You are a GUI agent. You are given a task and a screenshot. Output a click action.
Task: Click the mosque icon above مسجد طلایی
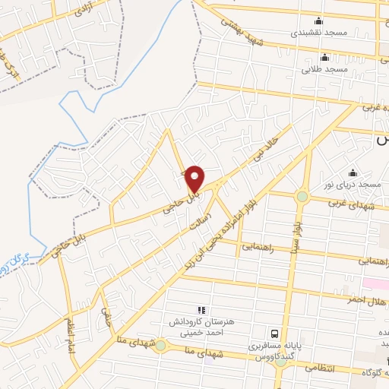pyautogui.click(x=325, y=58)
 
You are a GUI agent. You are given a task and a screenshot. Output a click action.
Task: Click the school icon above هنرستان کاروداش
pyautogui.click(x=201, y=310)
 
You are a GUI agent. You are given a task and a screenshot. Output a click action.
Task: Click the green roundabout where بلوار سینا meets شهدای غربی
pyautogui.click(x=302, y=197)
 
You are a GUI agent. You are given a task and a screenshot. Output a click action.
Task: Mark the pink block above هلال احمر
pyautogui.click(x=375, y=283)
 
